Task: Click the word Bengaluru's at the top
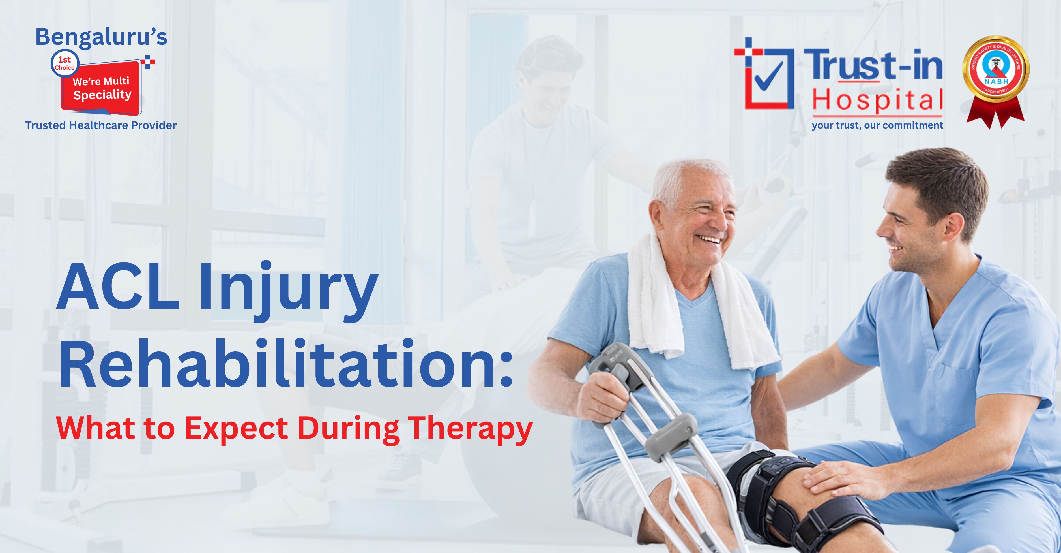pyautogui.click(x=101, y=37)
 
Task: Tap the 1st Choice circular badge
pyautogui.click(x=65, y=63)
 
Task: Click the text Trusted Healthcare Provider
pyautogui.click(x=101, y=125)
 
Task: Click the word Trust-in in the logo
pyautogui.click(x=873, y=65)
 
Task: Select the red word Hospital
pyautogui.click(x=877, y=100)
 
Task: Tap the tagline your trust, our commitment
pyautogui.click(x=877, y=125)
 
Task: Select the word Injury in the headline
pyautogui.click(x=288, y=289)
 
